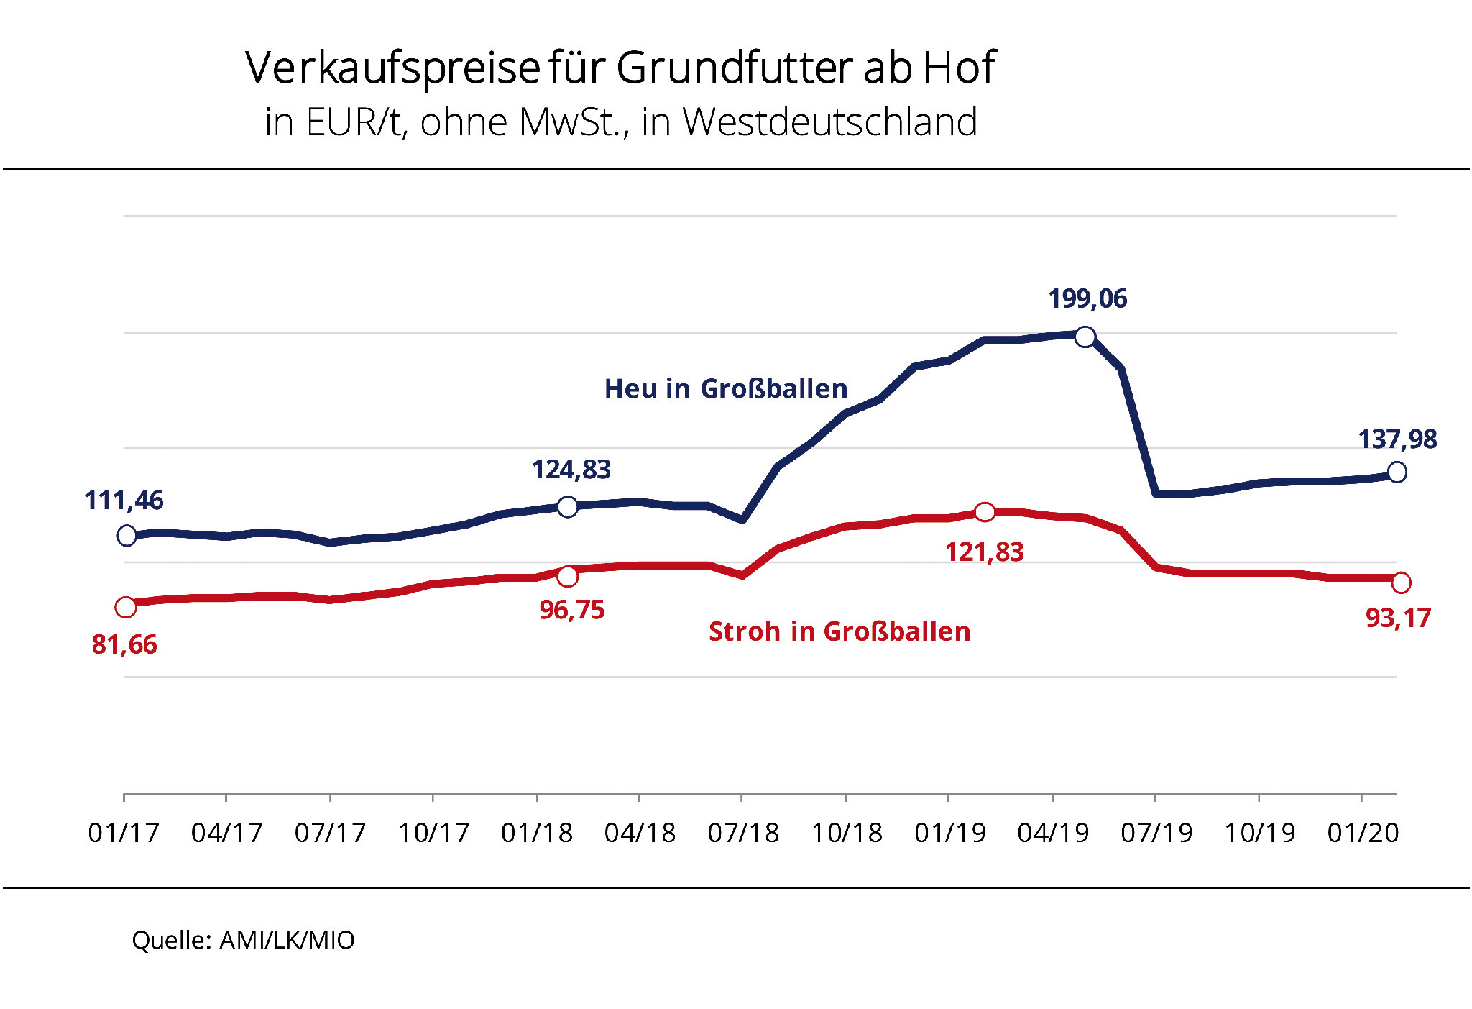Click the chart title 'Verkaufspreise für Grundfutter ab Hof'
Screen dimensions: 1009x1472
click(620, 68)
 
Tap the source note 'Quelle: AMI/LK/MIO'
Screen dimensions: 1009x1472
click(243, 940)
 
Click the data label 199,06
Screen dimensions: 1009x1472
click(1087, 298)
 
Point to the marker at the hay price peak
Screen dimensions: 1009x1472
click(1085, 336)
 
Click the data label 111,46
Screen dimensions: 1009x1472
click(124, 500)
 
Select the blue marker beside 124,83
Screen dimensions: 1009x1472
click(567, 507)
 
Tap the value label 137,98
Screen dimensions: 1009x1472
click(1397, 439)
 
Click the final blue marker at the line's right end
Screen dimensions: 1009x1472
click(1397, 472)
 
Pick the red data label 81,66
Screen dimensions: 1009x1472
click(124, 644)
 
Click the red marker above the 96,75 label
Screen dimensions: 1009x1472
click(567, 576)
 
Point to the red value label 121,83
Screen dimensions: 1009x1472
click(983, 552)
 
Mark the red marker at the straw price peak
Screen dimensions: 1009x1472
click(984, 512)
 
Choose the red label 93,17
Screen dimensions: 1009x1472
click(1397, 618)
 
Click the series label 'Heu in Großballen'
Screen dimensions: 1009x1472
click(725, 388)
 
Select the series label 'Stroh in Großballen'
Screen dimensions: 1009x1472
click(839, 631)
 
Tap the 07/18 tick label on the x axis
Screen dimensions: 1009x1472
click(742, 833)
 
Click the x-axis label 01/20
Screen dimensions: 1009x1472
click(1362, 833)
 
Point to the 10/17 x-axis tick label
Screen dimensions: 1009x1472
click(433, 833)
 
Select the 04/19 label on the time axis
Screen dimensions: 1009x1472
click(1052, 833)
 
